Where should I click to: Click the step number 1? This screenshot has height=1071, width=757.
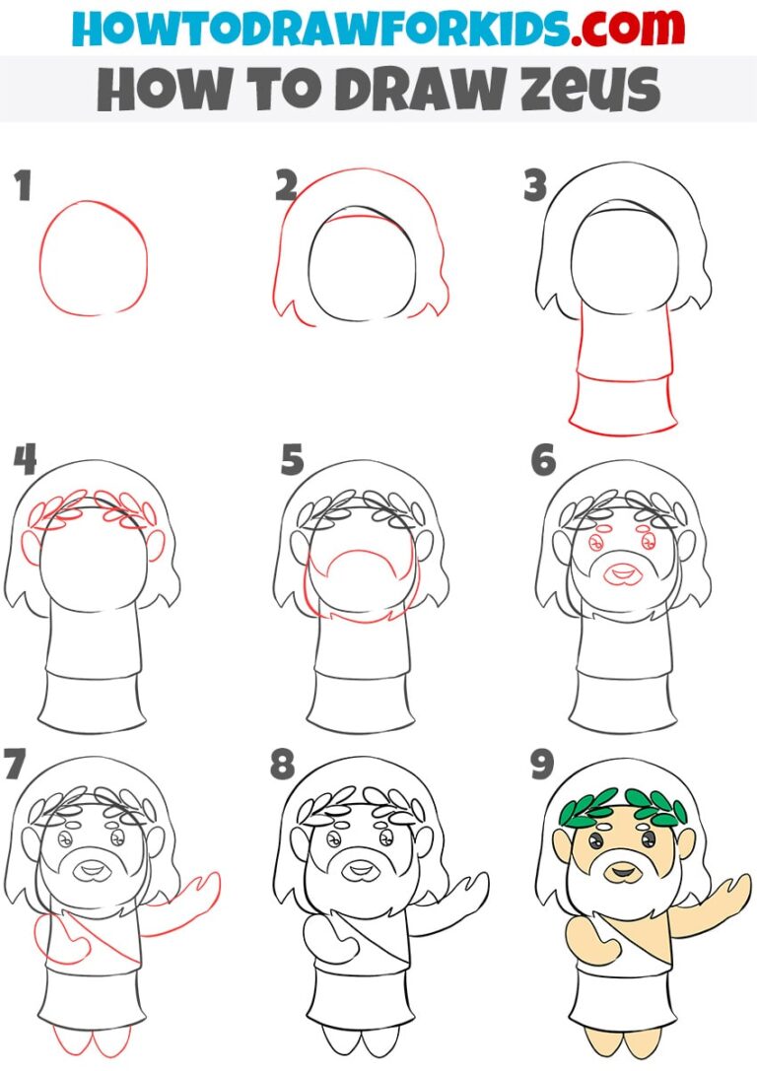coord(23,185)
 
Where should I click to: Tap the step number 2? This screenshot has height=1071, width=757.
coord(287,185)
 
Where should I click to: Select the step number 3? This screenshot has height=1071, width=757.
coord(535,185)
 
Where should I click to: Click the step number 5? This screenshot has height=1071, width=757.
coord(291,459)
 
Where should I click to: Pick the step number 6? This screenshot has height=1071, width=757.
coord(543,459)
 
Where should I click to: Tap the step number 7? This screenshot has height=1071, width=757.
coord(15,764)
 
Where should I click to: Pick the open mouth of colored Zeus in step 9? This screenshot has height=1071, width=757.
coord(622,871)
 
